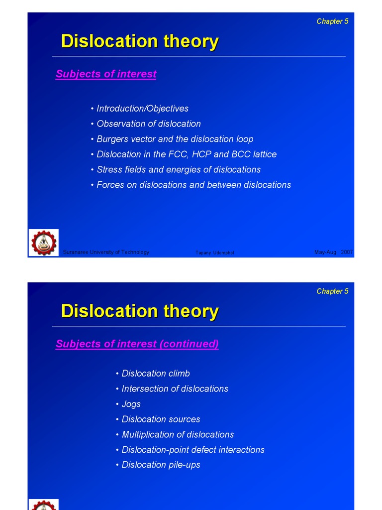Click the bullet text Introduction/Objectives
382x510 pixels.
142,109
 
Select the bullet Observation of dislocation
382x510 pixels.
149,124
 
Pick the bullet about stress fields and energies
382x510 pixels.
179,170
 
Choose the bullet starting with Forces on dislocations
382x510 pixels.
193,185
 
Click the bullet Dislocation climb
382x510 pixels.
156,374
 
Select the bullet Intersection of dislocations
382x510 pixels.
175,389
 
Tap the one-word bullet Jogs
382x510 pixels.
131,404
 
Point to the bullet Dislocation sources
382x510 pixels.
161,419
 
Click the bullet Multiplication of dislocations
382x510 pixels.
178,435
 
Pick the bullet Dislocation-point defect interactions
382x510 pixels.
193,450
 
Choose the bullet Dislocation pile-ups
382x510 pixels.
161,465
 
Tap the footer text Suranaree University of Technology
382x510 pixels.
106,253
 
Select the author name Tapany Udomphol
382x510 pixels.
215,253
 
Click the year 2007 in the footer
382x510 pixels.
347,253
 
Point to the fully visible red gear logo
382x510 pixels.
44,243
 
